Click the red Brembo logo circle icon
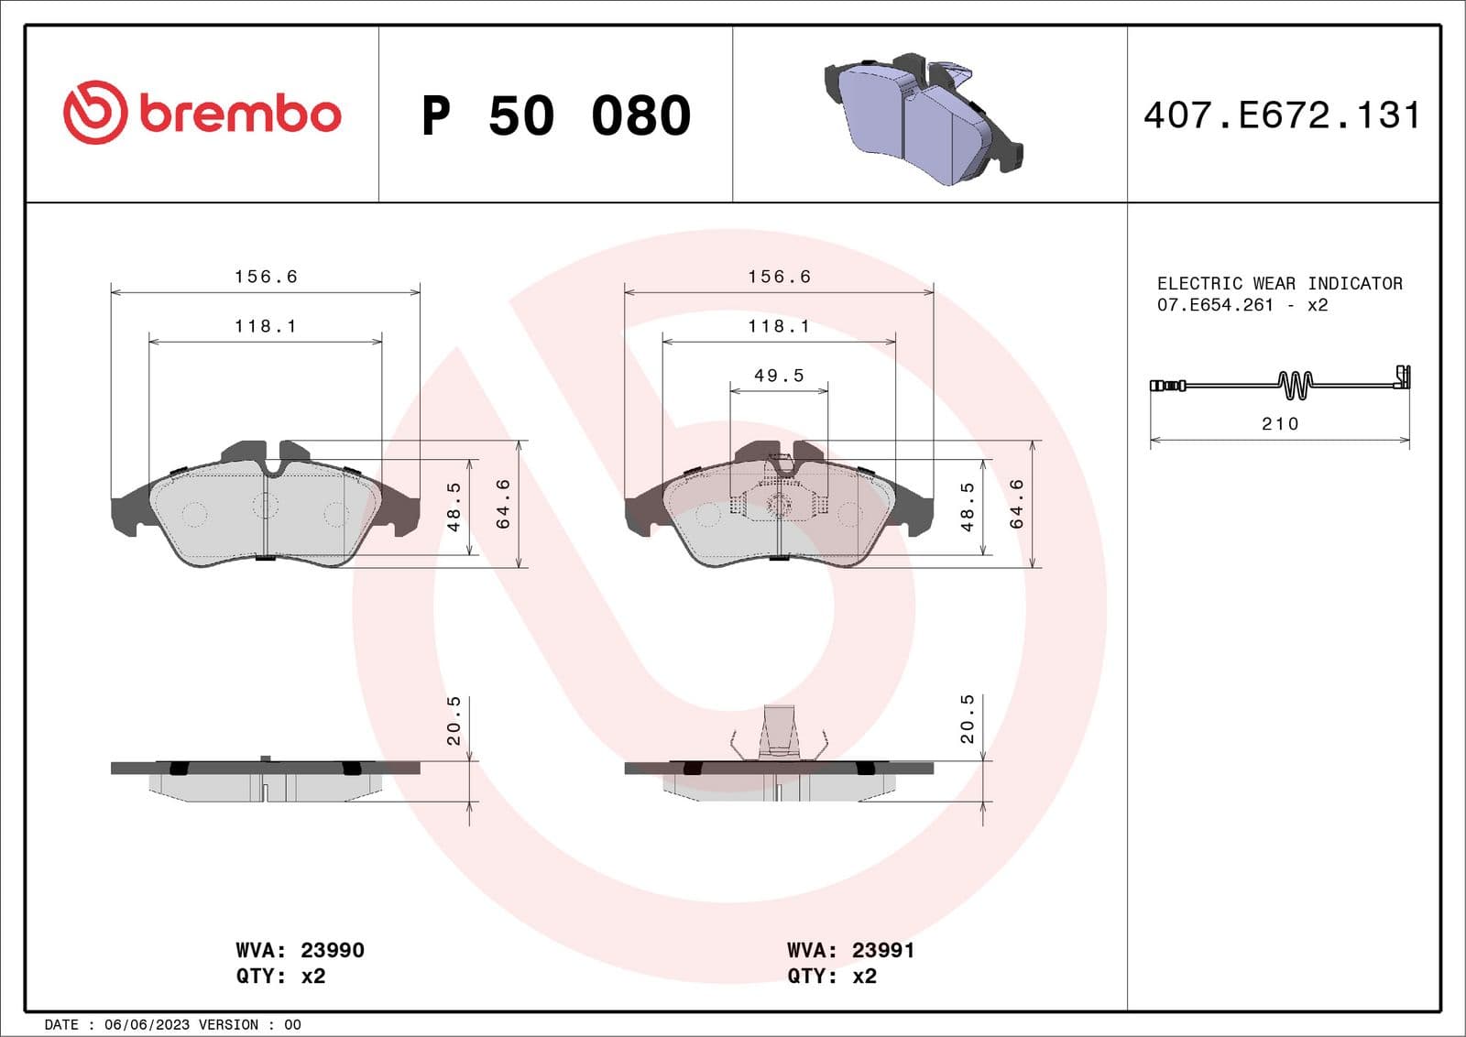coord(94,113)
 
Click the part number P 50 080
coord(555,115)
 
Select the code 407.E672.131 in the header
coord(1282,115)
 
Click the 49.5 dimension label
coord(779,376)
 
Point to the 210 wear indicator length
coord(1280,423)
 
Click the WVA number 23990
coord(333,950)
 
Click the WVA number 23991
coord(883,950)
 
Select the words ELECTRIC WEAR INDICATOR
coord(1279,283)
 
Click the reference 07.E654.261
coord(1215,305)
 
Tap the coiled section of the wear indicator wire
coord(1295,385)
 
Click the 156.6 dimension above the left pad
coord(266,277)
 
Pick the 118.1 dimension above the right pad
coord(779,326)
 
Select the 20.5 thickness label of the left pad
coord(454,720)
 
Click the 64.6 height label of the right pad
coord(1016,504)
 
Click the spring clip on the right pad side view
coord(780,732)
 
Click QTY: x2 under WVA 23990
coord(280,976)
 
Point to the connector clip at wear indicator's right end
coord(1402,377)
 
